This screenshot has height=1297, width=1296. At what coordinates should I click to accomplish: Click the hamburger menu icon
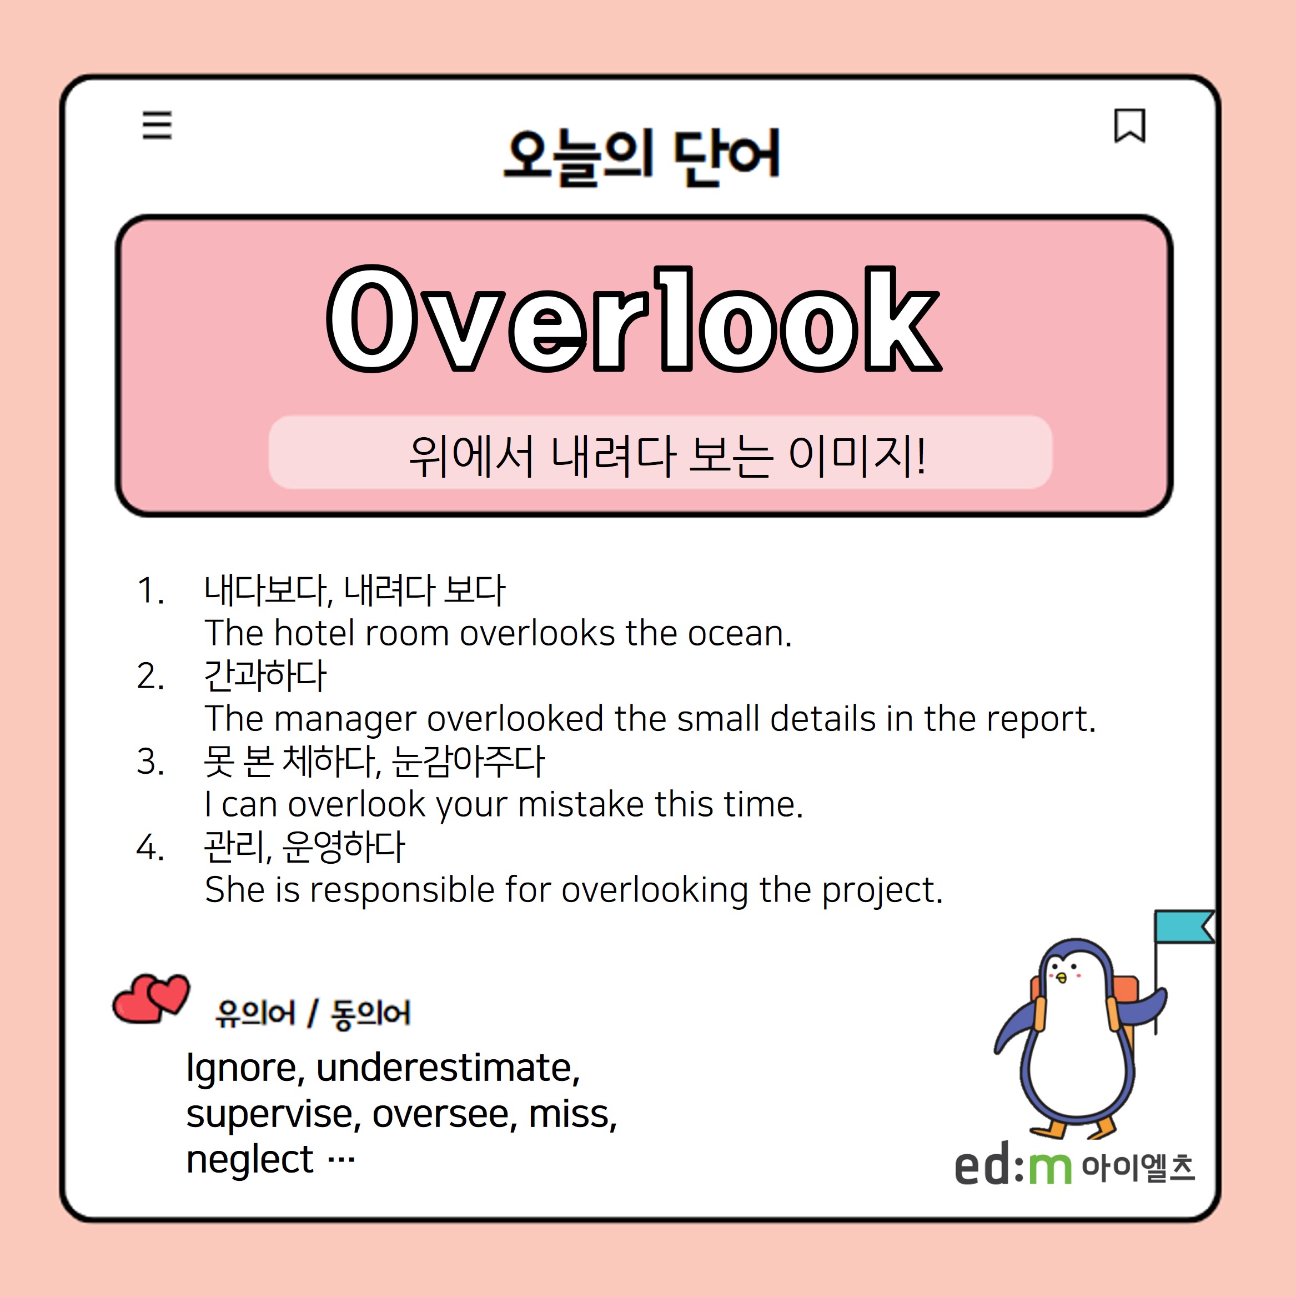tap(157, 126)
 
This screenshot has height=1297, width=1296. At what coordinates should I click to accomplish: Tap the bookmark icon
tap(1129, 126)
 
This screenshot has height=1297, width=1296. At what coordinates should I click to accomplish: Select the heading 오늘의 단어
tap(642, 157)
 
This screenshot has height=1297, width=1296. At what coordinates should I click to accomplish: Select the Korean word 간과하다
tap(265, 675)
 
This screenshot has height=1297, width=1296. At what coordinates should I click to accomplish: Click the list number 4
tap(149, 847)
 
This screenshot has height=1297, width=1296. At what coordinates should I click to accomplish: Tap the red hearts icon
tap(151, 998)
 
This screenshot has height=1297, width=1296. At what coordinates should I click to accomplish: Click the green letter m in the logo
tap(1049, 1169)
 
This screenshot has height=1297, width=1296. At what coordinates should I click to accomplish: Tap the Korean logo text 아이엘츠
tap(1138, 1168)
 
